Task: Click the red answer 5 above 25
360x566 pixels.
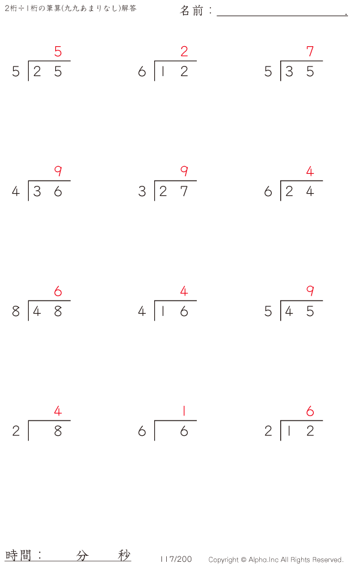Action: click(x=58, y=52)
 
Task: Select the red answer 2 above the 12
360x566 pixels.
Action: click(x=184, y=52)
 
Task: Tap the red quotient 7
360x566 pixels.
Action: click(x=310, y=52)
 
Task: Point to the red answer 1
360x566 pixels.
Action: click(x=184, y=411)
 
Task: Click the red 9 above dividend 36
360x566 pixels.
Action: click(x=58, y=171)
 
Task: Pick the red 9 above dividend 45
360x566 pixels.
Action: click(x=310, y=291)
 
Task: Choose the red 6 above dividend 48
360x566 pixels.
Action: click(x=58, y=291)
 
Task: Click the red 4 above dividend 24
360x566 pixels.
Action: click(x=310, y=171)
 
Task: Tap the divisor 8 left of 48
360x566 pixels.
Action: click(x=16, y=311)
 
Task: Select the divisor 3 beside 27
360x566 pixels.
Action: click(x=142, y=191)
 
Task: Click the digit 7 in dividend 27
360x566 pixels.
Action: click(x=184, y=191)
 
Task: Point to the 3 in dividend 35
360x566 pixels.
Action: click(x=289, y=71)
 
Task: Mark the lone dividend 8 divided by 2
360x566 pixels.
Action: click(x=58, y=431)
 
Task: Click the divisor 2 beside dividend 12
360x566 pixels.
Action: click(x=268, y=431)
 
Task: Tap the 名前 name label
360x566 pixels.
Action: click(x=191, y=11)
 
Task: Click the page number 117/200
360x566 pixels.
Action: click(x=176, y=559)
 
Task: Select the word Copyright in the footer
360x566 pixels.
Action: click(x=223, y=560)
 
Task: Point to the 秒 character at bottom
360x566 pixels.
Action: click(x=124, y=555)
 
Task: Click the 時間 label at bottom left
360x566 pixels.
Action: click(x=19, y=555)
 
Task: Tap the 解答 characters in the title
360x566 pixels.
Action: click(x=129, y=8)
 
